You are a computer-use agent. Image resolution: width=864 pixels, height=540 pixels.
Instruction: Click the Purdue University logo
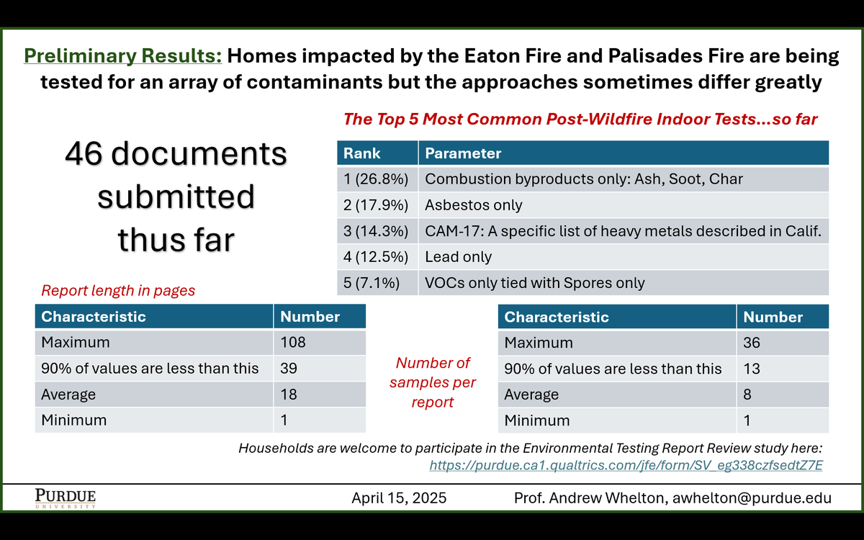tap(65, 498)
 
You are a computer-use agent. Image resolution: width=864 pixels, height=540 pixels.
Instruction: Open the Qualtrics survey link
tap(626, 465)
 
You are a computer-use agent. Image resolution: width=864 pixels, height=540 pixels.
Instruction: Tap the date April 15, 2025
tap(399, 498)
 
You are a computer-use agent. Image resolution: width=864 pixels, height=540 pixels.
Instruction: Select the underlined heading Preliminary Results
tap(123, 56)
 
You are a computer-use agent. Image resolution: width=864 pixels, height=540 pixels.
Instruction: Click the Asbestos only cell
tap(474, 205)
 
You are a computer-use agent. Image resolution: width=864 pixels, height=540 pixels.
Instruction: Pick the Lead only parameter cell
tap(459, 257)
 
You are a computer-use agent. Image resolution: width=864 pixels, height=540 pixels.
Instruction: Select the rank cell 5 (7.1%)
tap(372, 283)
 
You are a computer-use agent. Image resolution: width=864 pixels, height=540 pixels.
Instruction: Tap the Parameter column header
tap(463, 153)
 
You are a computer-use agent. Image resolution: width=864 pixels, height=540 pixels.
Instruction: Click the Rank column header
tap(362, 153)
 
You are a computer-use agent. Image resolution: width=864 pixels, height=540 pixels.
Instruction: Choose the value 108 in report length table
tap(293, 343)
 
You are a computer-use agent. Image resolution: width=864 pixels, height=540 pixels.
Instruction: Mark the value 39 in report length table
tap(289, 369)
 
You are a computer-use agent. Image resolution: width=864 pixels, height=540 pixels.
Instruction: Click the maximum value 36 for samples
tap(752, 343)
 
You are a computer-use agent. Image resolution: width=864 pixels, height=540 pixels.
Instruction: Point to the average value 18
tap(289, 395)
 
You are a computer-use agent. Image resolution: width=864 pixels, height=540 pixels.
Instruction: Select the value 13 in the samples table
tap(752, 369)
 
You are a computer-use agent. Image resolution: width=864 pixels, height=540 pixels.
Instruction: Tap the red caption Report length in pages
tap(118, 291)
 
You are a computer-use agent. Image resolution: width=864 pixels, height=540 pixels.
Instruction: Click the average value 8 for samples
tap(748, 395)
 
